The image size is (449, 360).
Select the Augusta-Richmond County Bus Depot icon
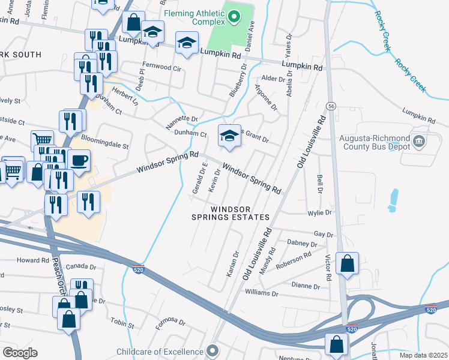point(419,142)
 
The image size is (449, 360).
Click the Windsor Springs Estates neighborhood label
point(231,213)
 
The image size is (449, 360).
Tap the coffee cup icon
point(78,161)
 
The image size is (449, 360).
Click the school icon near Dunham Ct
point(228,137)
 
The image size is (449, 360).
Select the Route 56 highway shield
point(331,106)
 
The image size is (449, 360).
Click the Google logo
point(20,353)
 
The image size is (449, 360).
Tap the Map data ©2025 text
point(423,355)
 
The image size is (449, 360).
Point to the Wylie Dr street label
point(319,212)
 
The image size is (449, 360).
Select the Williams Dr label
point(262,293)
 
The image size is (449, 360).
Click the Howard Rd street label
point(32,260)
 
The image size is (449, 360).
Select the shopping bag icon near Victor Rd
point(348,263)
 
